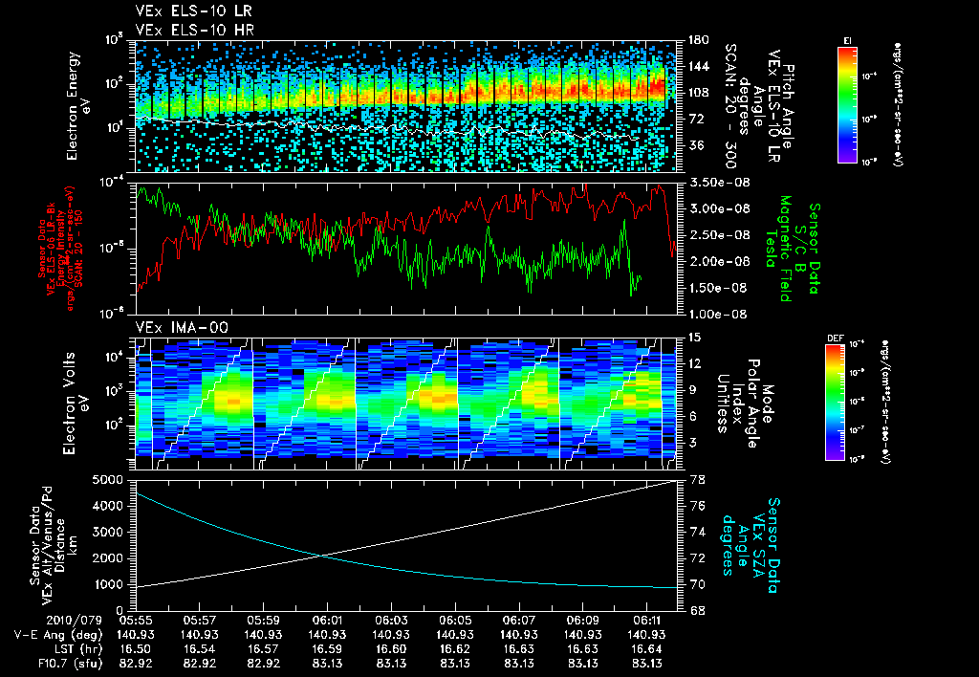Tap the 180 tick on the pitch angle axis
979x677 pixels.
[697, 40]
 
